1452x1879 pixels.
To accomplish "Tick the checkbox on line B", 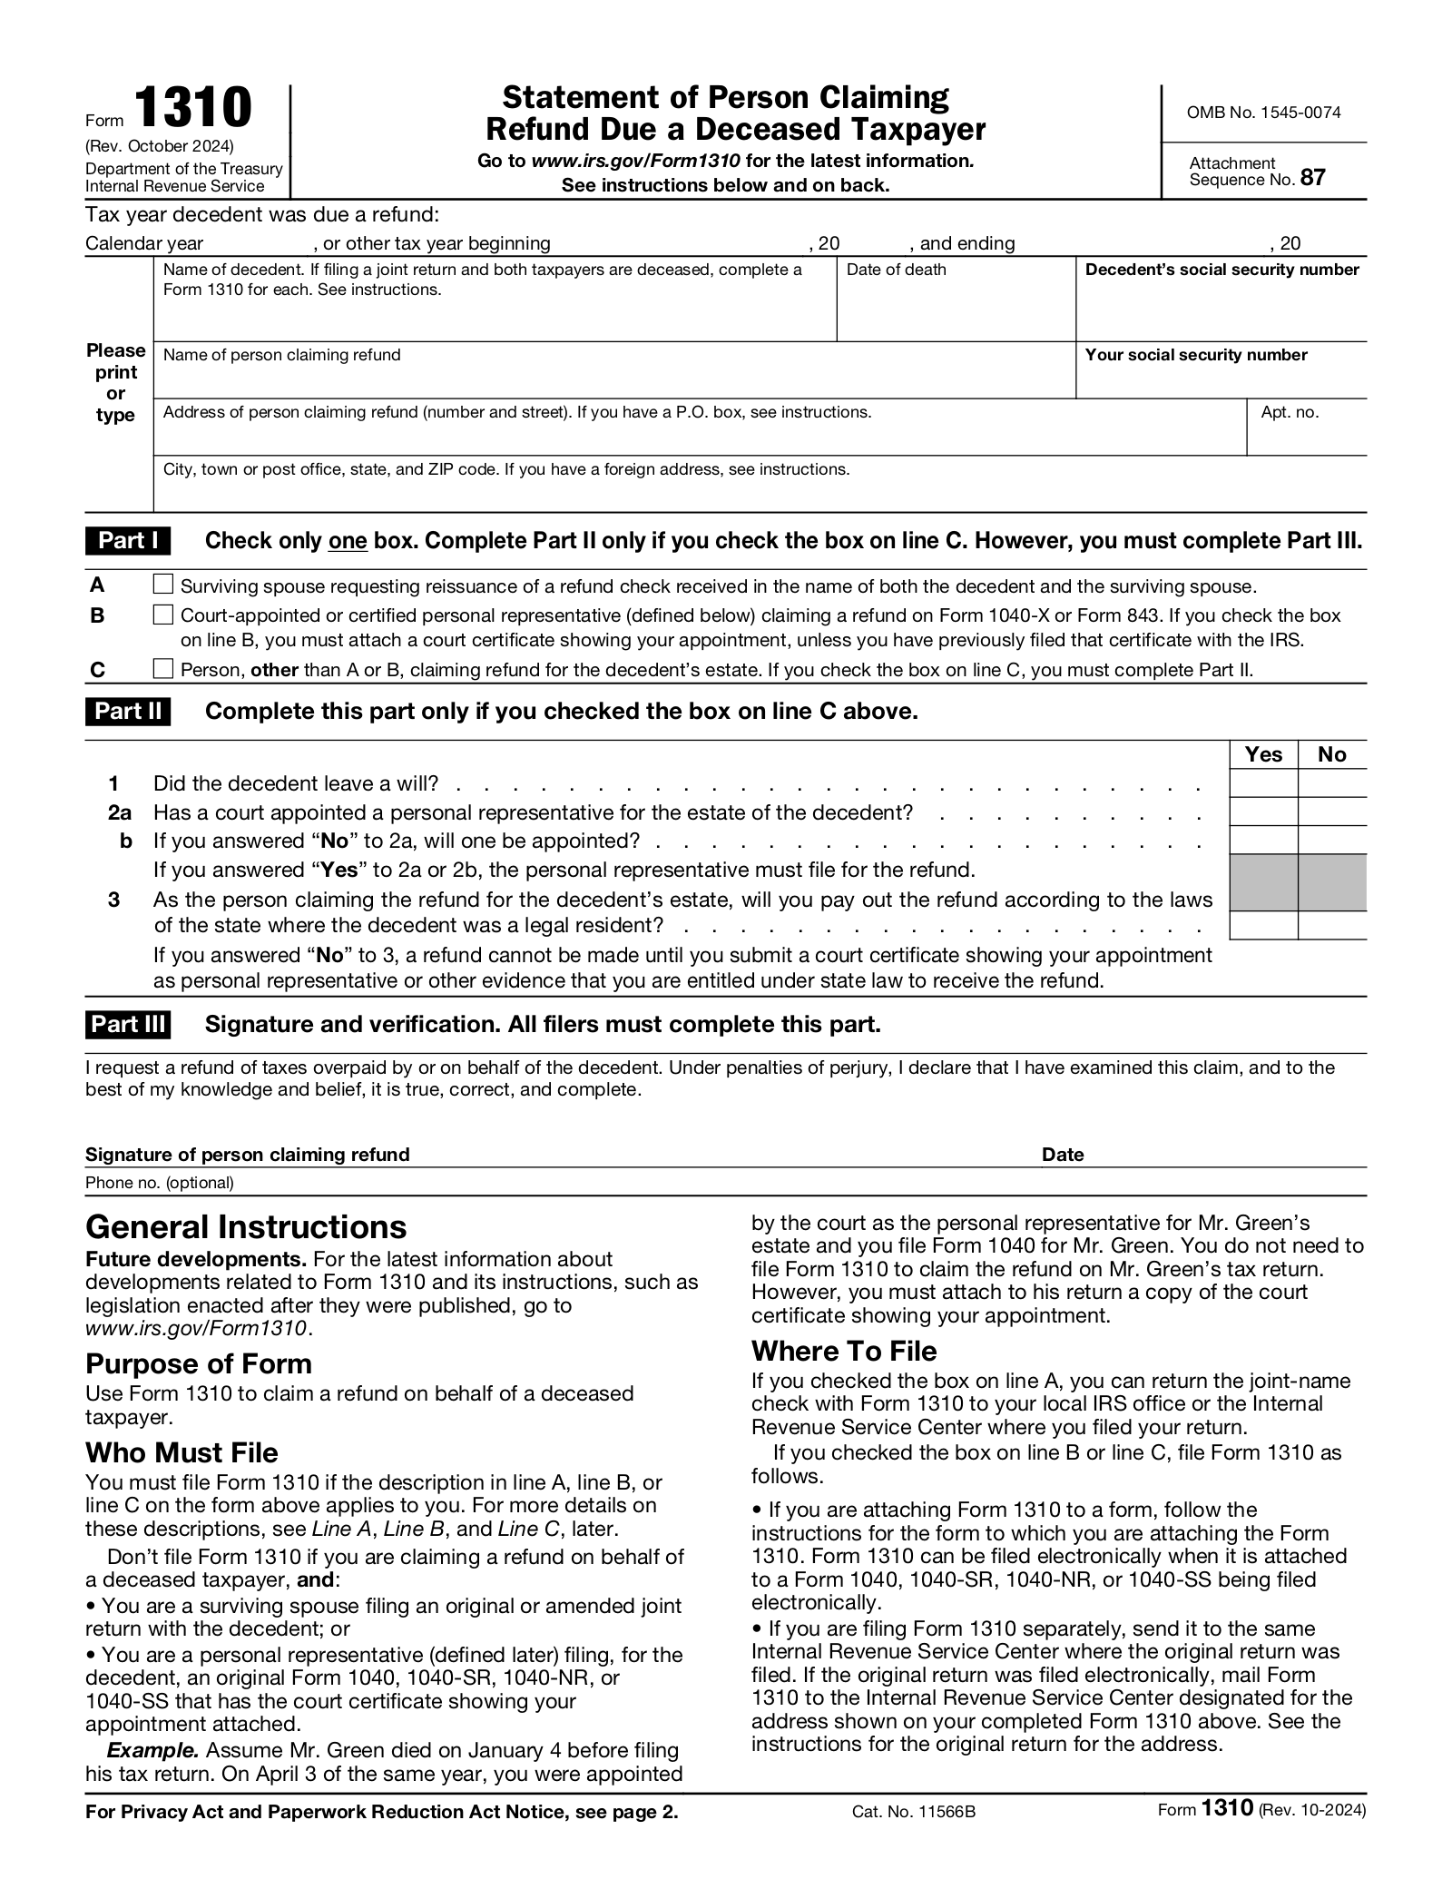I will [x=162, y=615].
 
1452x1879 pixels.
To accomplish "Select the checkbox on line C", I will [x=162, y=669].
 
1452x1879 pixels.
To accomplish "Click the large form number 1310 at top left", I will [x=193, y=108].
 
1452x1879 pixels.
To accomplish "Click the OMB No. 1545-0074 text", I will [x=1263, y=113].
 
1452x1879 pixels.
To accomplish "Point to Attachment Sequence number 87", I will [x=1312, y=178].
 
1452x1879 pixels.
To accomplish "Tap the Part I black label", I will [x=128, y=541].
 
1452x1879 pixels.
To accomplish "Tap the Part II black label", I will [x=128, y=711].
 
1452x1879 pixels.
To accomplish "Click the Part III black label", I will [x=128, y=1025].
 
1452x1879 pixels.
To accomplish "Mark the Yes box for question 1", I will [x=1263, y=783].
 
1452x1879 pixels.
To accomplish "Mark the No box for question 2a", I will [x=1331, y=812].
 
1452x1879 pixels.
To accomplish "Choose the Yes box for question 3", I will [x=1263, y=925].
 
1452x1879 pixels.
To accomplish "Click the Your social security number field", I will [x=1220, y=379].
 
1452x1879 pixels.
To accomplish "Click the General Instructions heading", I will [x=246, y=1227].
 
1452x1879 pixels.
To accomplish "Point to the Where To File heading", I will [x=843, y=1351].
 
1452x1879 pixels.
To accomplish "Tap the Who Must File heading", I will [x=181, y=1452].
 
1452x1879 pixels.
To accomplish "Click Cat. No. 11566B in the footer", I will [x=913, y=1812].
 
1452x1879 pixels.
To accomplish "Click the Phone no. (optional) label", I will [x=160, y=1183].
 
